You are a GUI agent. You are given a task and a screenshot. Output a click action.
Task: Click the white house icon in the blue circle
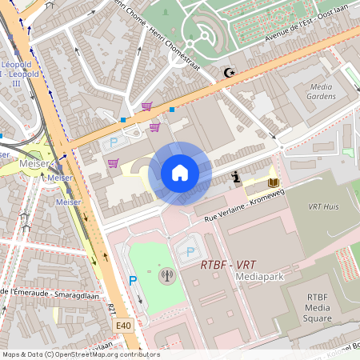pos(180,173)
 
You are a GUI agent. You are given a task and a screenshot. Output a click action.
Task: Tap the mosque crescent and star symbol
pos(230,73)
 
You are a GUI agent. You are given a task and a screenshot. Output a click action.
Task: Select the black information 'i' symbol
pos(236,177)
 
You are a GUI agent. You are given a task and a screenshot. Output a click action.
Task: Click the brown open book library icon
pos(274,183)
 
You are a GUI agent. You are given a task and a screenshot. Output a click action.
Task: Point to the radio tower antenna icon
pos(167,277)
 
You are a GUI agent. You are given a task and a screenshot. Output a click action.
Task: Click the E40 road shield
pos(122,326)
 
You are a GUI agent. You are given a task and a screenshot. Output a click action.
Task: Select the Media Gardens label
pos(321,91)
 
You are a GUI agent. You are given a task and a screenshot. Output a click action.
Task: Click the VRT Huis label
pos(326,206)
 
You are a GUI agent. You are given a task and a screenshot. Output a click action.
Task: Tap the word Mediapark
pos(261,276)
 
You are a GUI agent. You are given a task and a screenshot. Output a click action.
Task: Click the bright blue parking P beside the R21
pos(133,281)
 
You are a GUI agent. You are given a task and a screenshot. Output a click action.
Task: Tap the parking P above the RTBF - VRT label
pos(189,251)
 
